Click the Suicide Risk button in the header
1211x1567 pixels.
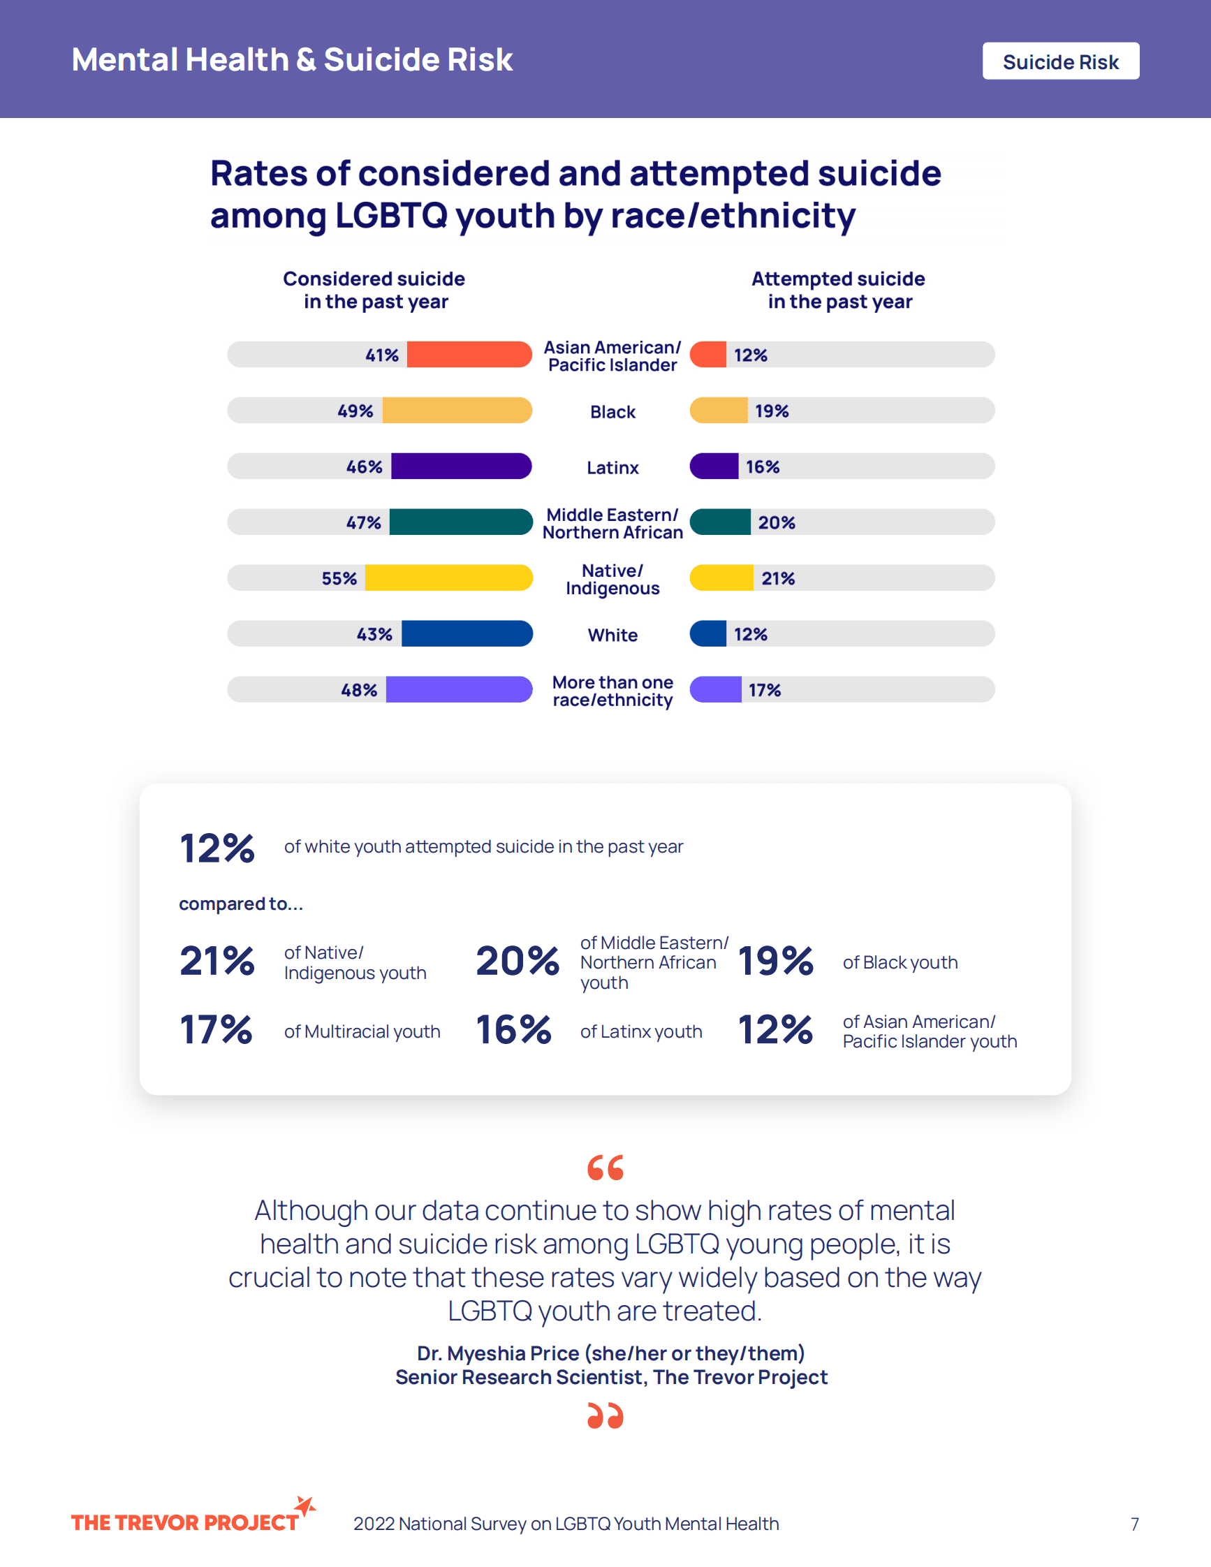pos(1059,61)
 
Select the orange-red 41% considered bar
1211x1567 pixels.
pos(469,355)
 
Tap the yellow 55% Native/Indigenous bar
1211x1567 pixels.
pos(448,577)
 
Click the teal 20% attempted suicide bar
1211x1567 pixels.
pos(720,522)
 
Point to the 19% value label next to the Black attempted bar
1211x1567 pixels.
pos(771,411)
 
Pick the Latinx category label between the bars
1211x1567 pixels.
pos(612,468)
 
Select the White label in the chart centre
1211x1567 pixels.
pos(612,635)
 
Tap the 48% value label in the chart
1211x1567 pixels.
pos(359,690)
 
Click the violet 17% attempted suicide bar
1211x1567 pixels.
pos(715,689)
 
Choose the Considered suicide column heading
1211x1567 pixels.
pos(374,290)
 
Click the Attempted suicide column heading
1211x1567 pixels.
pos(838,290)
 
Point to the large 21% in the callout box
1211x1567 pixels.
pos(216,961)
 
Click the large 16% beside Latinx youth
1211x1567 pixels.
pos(514,1029)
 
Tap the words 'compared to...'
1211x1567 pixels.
pos(241,904)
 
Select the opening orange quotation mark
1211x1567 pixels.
pos(605,1168)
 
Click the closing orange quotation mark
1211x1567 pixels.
pos(605,1415)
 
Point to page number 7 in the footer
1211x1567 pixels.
pos(1134,1524)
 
